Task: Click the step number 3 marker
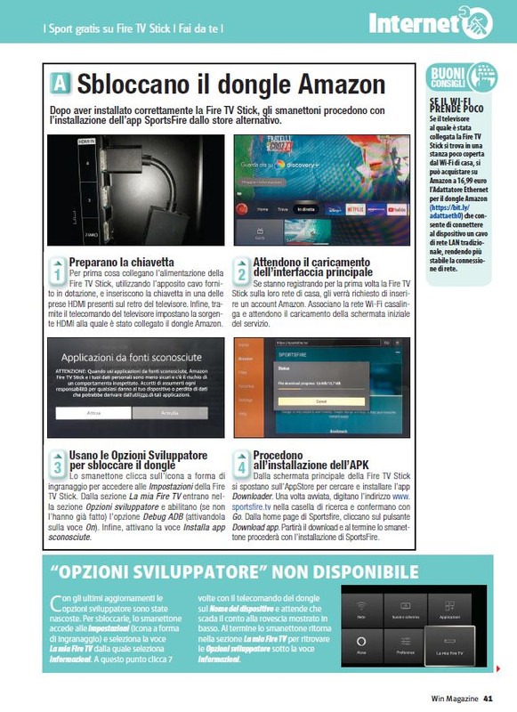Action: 56,463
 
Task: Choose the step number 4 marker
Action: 241,463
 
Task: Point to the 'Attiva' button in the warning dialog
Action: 93,414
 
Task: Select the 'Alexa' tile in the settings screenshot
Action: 362,643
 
